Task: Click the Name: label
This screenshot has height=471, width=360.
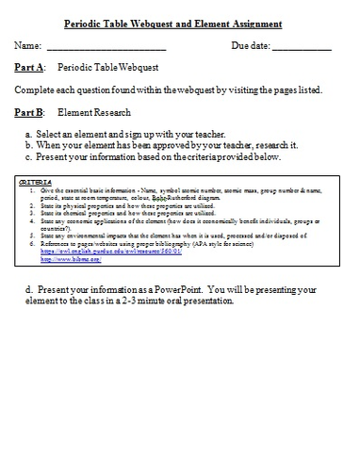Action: click(28, 45)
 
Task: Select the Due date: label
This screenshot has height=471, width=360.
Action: click(251, 45)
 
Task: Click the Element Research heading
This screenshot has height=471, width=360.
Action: click(91, 112)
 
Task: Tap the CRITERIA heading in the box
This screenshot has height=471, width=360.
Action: click(36, 179)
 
